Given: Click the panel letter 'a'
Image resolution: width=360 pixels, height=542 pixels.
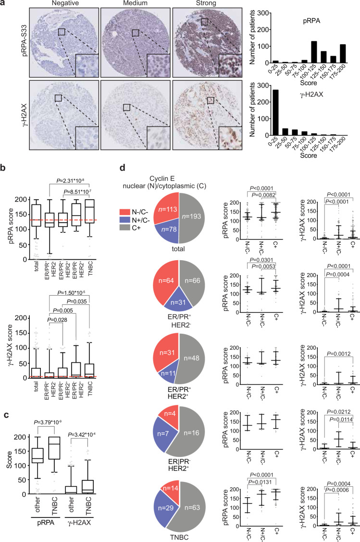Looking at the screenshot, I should pyautogui.click(x=3, y=4).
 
